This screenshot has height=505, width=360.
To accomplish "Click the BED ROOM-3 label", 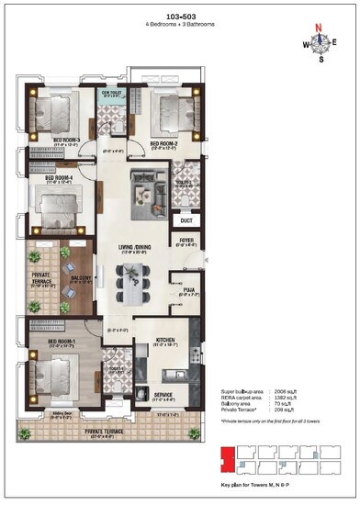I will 67,140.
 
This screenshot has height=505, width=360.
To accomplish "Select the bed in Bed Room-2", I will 167,112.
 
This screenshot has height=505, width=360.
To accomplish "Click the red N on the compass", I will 321,28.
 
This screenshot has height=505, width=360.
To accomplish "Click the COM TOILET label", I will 112,93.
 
